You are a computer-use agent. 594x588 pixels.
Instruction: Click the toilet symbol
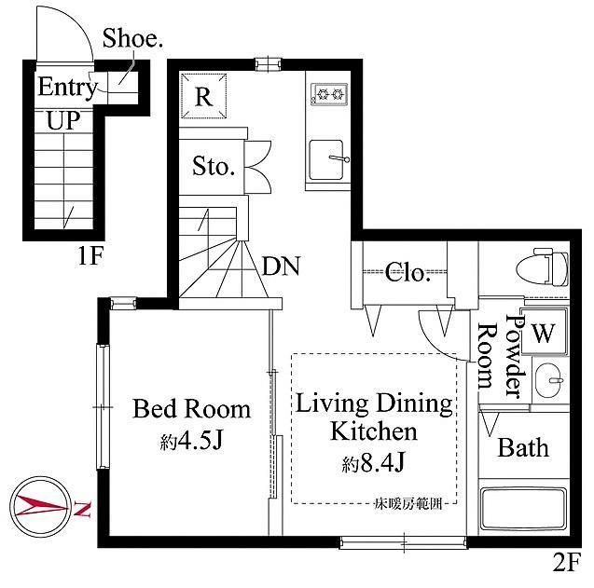point(542,267)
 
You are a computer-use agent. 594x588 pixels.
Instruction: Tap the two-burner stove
point(329,94)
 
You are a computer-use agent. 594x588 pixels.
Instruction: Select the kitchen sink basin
point(326,159)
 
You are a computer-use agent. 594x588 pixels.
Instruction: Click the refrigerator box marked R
point(203,96)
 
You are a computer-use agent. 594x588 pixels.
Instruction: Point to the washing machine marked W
point(544,332)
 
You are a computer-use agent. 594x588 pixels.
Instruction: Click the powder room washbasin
point(550,380)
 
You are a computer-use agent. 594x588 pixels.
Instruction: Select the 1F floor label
point(90,255)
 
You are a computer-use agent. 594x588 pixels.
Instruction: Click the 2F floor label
point(566,562)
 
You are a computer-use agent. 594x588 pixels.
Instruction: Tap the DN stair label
point(281,266)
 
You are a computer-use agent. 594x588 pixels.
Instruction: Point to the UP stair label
point(63,120)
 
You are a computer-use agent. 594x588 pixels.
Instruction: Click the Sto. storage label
point(214,166)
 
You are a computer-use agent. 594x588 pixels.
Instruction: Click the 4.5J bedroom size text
point(191,441)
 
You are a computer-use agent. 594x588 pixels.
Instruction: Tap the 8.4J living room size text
point(374,462)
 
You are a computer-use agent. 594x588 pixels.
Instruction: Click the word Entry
point(67,88)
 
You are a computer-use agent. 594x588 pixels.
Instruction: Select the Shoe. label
point(132,38)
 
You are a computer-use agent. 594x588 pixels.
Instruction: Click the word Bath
point(523,447)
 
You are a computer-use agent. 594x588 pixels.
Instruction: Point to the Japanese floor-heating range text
point(408,504)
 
